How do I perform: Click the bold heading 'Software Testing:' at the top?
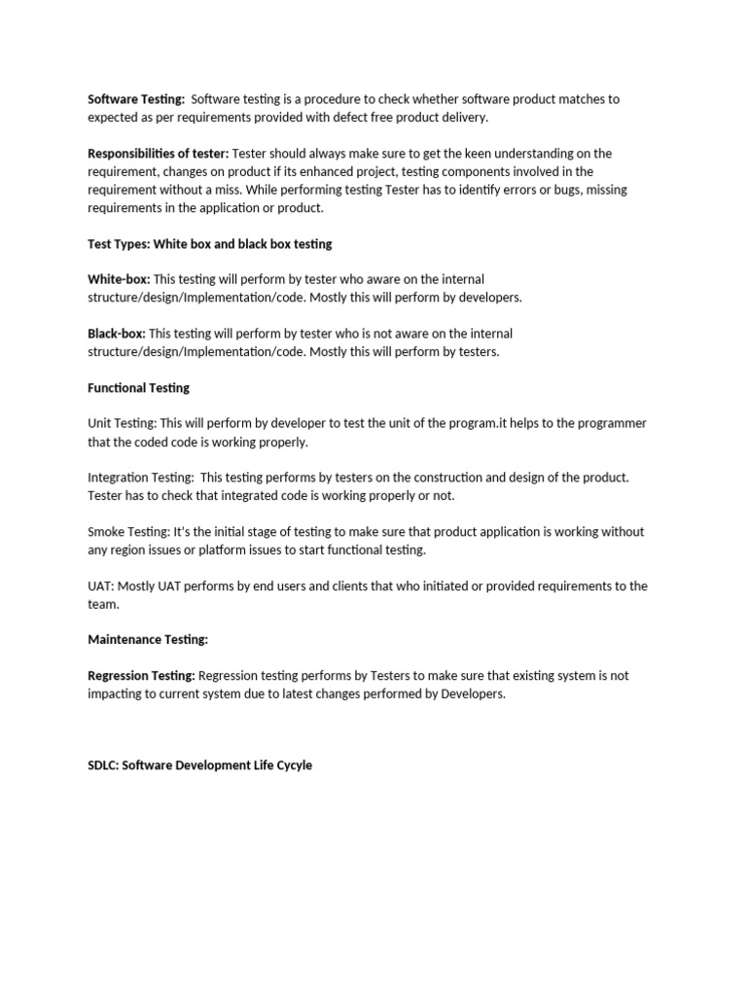coord(136,99)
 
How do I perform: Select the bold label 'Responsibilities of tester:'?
coord(159,154)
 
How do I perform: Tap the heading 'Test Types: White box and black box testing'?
coord(209,244)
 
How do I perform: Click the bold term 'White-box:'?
coord(119,280)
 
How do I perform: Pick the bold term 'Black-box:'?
coord(117,335)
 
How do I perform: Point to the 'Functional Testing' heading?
coord(138,388)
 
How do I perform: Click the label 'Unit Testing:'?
coord(122,424)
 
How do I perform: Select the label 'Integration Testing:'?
coord(140,478)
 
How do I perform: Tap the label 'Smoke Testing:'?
coord(128,532)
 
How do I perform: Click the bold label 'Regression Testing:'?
coord(141,676)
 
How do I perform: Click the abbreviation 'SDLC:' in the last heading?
coord(103,765)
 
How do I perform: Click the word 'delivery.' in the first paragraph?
coord(464,118)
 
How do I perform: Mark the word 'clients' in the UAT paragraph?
coord(353,587)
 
